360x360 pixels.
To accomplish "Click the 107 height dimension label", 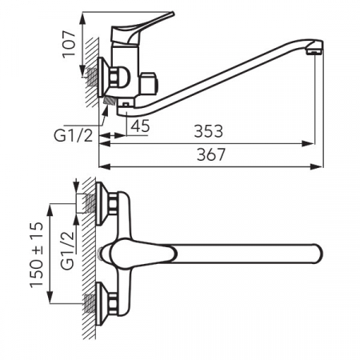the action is point(69,44).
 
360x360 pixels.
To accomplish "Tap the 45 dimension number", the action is point(141,126).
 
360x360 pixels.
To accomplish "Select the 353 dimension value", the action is point(208,131).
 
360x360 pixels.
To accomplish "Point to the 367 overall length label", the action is point(211,154).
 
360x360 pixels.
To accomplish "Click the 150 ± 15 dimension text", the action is point(36,254).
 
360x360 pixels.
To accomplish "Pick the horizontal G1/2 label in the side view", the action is point(74,136).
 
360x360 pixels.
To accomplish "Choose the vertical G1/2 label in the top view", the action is point(67,250).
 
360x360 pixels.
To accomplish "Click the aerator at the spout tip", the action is point(314,50).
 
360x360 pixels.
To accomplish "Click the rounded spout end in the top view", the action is point(318,254).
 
